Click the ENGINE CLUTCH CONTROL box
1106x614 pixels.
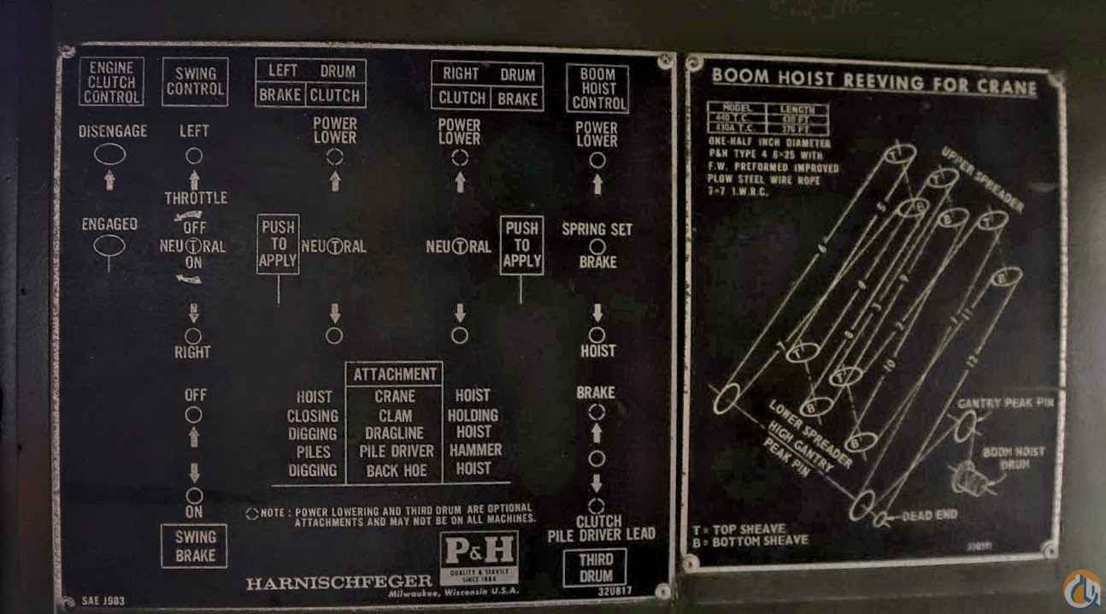click(x=111, y=82)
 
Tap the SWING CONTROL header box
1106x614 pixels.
click(x=195, y=81)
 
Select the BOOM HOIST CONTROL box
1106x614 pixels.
click(x=598, y=87)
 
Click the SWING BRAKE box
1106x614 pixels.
click(x=195, y=546)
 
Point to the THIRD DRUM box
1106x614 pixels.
click(x=596, y=567)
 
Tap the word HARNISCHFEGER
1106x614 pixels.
click(x=340, y=583)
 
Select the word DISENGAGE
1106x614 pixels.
click(x=113, y=132)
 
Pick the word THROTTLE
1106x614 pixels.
click(x=196, y=198)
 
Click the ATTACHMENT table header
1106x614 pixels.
click(x=395, y=374)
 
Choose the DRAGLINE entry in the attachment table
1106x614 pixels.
click(x=395, y=434)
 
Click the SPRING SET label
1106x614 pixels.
click(x=597, y=229)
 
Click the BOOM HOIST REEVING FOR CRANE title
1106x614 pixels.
click(x=874, y=81)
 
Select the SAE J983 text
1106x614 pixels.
click(x=103, y=601)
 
